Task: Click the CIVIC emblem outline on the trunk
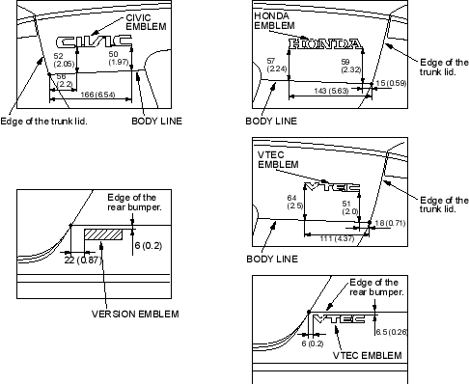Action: [94, 41]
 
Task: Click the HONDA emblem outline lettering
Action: [325, 43]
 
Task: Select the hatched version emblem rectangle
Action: [103, 234]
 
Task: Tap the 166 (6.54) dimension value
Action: [97, 95]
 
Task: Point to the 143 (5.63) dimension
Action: [331, 91]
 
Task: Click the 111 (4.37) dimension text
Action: [337, 238]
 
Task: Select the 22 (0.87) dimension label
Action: [83, 260]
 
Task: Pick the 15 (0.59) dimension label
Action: [391, 83]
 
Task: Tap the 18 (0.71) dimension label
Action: [390, 223]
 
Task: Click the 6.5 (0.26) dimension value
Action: [392, 332]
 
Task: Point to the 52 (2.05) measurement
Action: [64, 60]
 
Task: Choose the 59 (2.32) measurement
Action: [351, 66]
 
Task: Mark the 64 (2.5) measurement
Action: [295, 202]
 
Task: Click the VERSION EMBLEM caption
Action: [135, 314]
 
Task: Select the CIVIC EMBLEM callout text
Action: [146, 22]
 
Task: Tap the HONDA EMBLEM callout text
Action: [274, 20]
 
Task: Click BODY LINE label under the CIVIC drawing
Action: [157, 122]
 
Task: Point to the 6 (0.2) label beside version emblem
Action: [149, 246]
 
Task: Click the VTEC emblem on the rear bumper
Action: [339, 318]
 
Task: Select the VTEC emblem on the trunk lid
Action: [332, 187]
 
